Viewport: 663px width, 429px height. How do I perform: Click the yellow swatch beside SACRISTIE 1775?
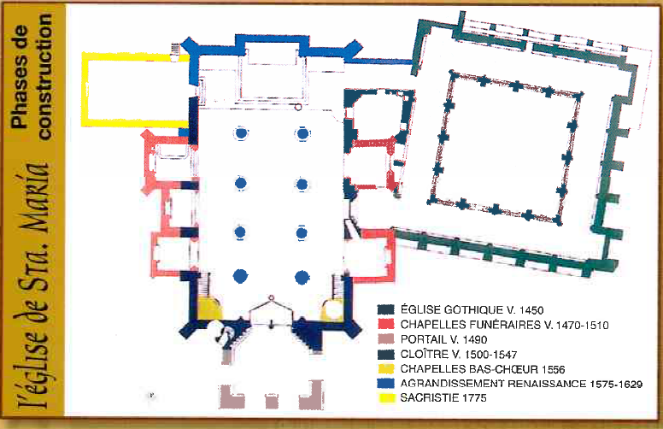pos(386,397)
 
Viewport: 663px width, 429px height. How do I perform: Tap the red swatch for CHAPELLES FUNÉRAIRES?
pos(386,325)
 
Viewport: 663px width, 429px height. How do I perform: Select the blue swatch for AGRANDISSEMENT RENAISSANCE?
pos(386,384)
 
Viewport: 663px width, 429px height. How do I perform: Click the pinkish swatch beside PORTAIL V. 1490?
pos(386,339)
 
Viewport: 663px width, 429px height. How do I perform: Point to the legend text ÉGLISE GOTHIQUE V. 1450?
pos(472,309)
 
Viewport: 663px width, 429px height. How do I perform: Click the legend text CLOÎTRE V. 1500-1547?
pos(459,354)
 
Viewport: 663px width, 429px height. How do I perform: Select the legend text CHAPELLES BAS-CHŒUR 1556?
pos(483,369)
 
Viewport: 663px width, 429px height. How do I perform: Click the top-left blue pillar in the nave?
pos(241,133)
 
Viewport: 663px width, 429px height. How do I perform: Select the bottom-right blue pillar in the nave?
pos(302,277)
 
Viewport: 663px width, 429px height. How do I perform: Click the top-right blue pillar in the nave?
pos(302,133)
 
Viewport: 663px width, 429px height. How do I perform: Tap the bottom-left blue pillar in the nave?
pos(240,276)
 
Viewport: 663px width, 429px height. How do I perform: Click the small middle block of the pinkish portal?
pos(272,401)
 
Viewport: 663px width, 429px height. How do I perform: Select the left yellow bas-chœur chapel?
pos(210,309)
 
